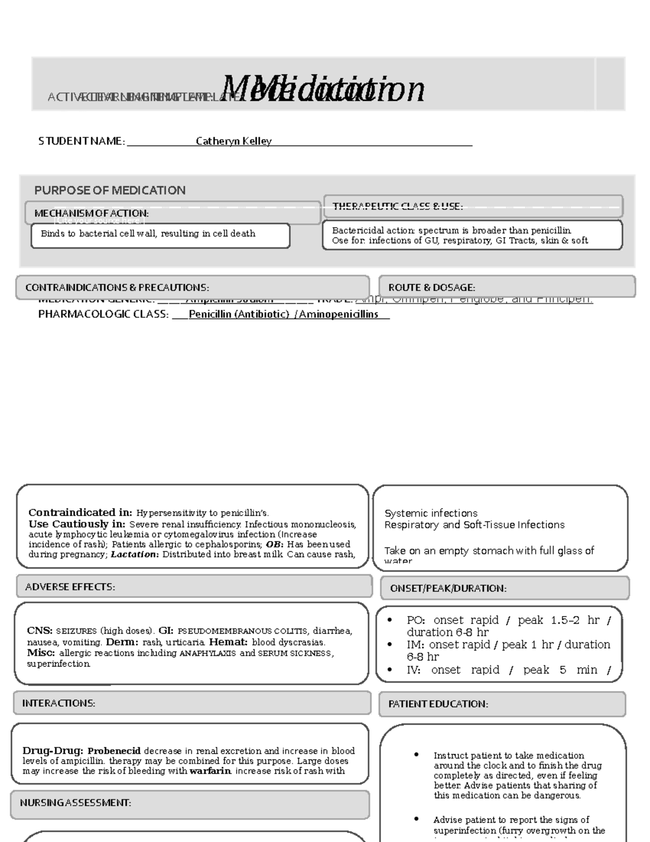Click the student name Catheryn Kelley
233,141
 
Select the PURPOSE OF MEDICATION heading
110,190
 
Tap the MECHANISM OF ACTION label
91,213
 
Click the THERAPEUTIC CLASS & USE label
397,206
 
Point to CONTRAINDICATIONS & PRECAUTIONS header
117,287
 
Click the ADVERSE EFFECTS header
70,587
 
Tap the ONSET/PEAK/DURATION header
448,588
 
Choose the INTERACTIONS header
58,703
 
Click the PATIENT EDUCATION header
438,704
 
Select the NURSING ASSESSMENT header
75,802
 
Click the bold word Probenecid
114,751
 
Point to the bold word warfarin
210,771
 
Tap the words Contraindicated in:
80,512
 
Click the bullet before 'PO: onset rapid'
390,620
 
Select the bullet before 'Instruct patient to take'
416,755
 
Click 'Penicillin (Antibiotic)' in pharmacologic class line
238,314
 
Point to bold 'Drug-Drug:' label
53,751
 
